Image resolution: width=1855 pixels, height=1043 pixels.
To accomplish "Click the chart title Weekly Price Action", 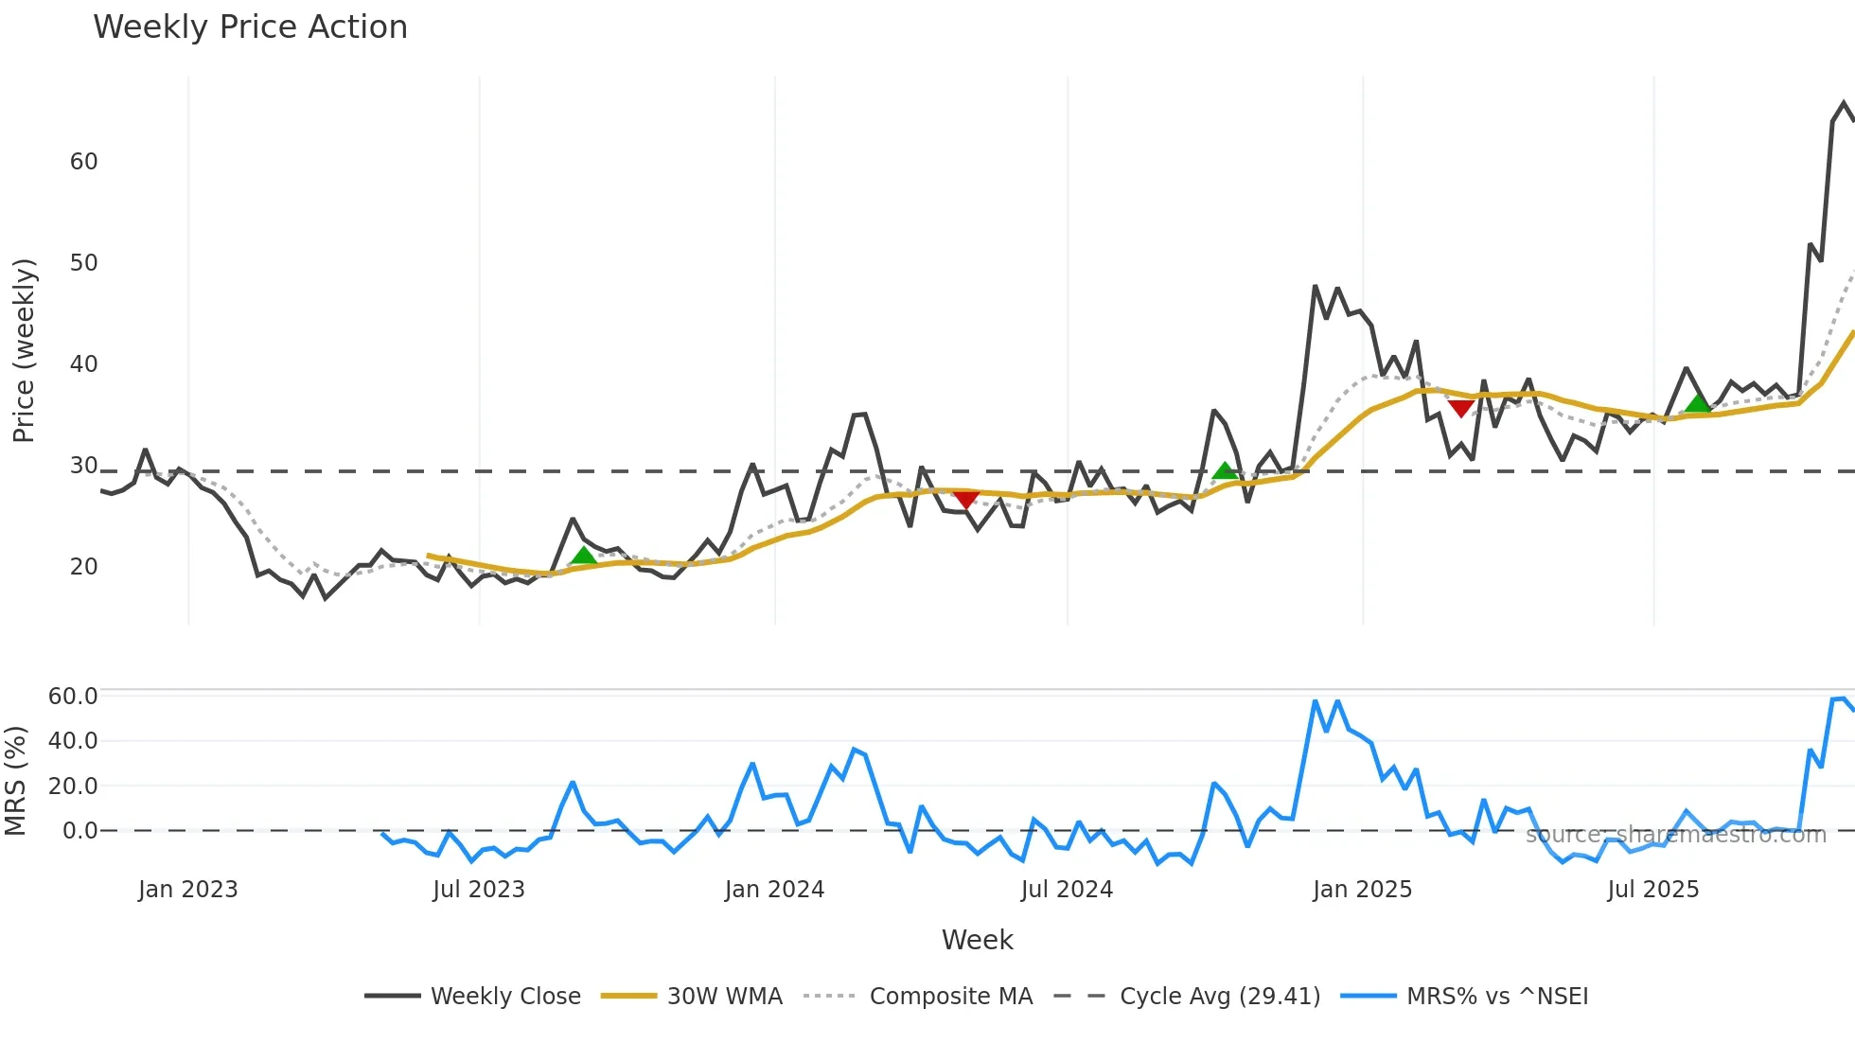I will (x=250, y=27).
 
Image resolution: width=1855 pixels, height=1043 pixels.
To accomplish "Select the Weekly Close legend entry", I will (x=505, y=997).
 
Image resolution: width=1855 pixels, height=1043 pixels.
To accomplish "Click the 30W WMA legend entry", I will (x=724, y=997).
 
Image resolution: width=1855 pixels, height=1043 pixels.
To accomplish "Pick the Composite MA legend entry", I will (x=950, y=997).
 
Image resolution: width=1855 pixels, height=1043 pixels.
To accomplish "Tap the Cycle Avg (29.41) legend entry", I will (x=1219, y=997).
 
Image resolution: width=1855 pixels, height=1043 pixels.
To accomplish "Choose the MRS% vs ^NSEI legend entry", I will (x=1496, y=997).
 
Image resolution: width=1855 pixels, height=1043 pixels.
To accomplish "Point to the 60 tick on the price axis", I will (x=84, y=162).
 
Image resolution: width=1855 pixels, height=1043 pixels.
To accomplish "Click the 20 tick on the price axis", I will (x=84, y=567).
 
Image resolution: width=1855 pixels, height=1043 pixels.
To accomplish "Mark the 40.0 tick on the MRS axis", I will (x=73, y=741).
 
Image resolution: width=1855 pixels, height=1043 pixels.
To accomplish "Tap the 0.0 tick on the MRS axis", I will (x=79, y=831).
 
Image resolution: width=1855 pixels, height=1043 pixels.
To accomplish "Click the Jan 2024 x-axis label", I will (x=774, y=890).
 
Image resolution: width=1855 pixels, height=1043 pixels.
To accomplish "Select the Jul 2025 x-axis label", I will (x=1652, y=890).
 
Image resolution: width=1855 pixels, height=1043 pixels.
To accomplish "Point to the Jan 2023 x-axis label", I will (x=187, y=890).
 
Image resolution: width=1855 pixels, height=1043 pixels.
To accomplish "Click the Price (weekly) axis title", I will (x=24, y=350).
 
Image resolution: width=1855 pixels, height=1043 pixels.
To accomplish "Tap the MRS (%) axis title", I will (x=15, y=781).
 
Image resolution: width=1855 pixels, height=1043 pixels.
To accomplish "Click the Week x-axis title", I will (x=977, y=940).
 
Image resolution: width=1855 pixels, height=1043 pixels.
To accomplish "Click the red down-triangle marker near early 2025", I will (x=1461, y=408).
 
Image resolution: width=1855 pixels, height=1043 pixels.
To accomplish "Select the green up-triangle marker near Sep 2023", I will (x=584, y=556).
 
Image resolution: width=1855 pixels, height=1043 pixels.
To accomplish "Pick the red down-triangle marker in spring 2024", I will (x=965, y=499).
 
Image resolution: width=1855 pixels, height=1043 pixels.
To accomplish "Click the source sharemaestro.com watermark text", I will (x=1675, y=835).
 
